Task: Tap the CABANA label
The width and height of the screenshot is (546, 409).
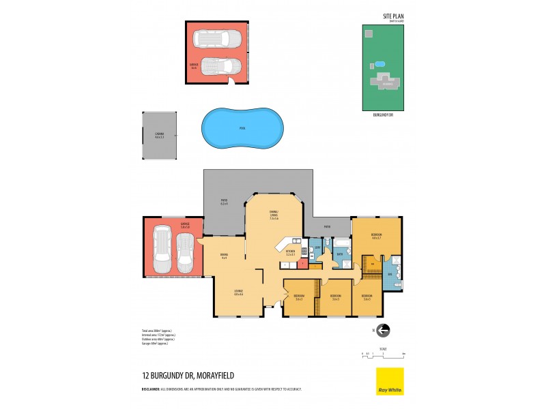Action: click(159, 135)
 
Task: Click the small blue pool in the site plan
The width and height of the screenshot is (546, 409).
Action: click(378, 64)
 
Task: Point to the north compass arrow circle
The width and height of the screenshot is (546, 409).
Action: click(383, 330)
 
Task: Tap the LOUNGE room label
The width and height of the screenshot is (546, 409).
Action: click(238, 293)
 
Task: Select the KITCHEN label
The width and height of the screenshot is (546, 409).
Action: click(291, 252)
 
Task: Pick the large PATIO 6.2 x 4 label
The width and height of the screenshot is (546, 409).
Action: click(223, 202)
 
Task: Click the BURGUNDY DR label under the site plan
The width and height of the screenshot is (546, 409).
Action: click(383, 115)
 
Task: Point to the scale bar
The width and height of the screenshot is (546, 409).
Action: click(383, 354)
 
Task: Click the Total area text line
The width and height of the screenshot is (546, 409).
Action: click(157, 331)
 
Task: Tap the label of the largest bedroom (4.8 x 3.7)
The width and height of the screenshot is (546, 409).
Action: click(375, 234)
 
